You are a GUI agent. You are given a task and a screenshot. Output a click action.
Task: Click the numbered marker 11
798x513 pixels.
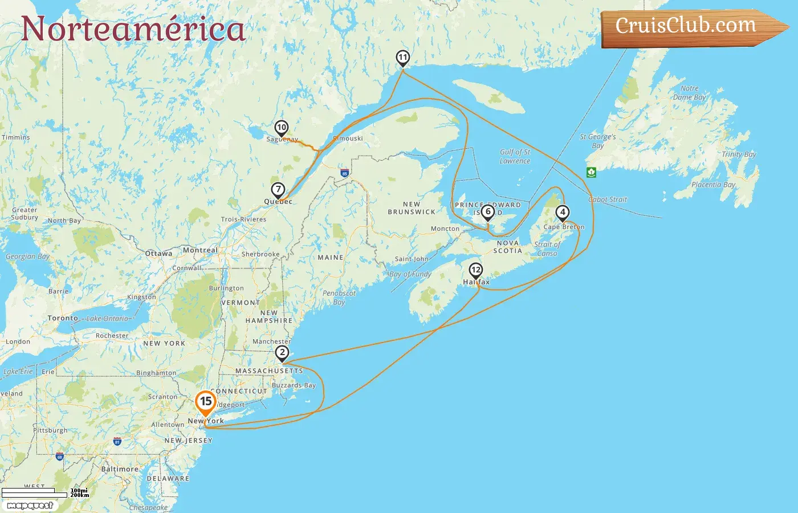403,58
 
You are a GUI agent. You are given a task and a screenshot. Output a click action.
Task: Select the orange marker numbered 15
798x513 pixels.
206,402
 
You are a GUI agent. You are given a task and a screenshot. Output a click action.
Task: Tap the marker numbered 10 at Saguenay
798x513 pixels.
282,128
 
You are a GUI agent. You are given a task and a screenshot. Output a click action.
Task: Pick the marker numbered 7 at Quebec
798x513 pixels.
278,190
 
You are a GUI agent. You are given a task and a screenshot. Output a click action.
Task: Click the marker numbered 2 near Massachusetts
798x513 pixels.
282,353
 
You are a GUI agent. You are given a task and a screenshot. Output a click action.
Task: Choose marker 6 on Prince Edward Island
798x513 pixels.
487,212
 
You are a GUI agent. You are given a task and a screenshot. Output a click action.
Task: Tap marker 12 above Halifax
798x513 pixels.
476,270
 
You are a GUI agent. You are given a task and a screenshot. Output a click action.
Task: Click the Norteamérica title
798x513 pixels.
133,29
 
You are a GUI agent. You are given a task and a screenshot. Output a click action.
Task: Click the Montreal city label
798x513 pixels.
200,250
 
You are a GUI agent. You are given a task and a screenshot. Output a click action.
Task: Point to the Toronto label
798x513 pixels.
63,318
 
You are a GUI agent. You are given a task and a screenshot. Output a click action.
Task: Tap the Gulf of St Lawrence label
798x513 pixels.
515,156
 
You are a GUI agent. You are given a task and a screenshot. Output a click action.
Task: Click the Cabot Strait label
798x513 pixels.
608,199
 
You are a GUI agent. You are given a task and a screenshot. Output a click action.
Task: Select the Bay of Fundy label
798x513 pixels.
410,274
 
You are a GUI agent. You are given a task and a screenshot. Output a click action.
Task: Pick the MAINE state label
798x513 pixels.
331,258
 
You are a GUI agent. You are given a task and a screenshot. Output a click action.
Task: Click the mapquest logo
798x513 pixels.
30,505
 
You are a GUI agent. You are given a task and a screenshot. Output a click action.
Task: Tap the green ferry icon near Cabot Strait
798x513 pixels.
591,172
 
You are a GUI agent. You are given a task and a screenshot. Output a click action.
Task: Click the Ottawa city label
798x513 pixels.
158,254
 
